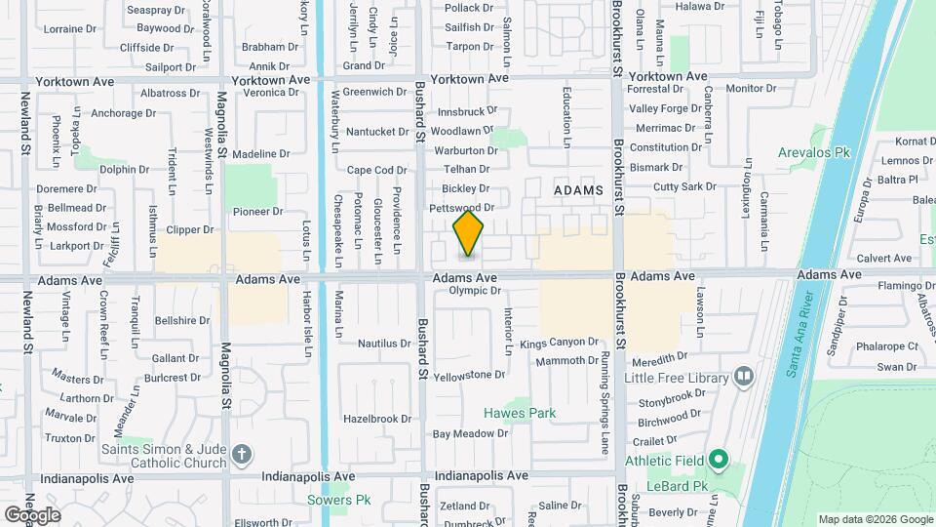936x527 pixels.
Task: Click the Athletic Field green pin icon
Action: [x=719, y=458]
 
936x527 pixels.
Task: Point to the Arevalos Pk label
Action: [x=815, y=152]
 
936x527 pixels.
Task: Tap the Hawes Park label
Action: [x=521, y=413]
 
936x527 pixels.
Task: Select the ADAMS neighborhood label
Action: [x=578, y=189]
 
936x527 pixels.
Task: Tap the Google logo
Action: [x=31, y=514]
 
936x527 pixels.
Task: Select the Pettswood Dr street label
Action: [x=462, y=208]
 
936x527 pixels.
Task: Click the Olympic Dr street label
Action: [x=474, y=291]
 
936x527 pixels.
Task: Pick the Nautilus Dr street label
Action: [x=384, y=344]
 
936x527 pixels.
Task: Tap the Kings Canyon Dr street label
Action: [x=559, y=343]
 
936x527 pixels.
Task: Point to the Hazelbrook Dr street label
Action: [x=377, y=419]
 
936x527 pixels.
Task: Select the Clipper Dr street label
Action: [x=190, y=230]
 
